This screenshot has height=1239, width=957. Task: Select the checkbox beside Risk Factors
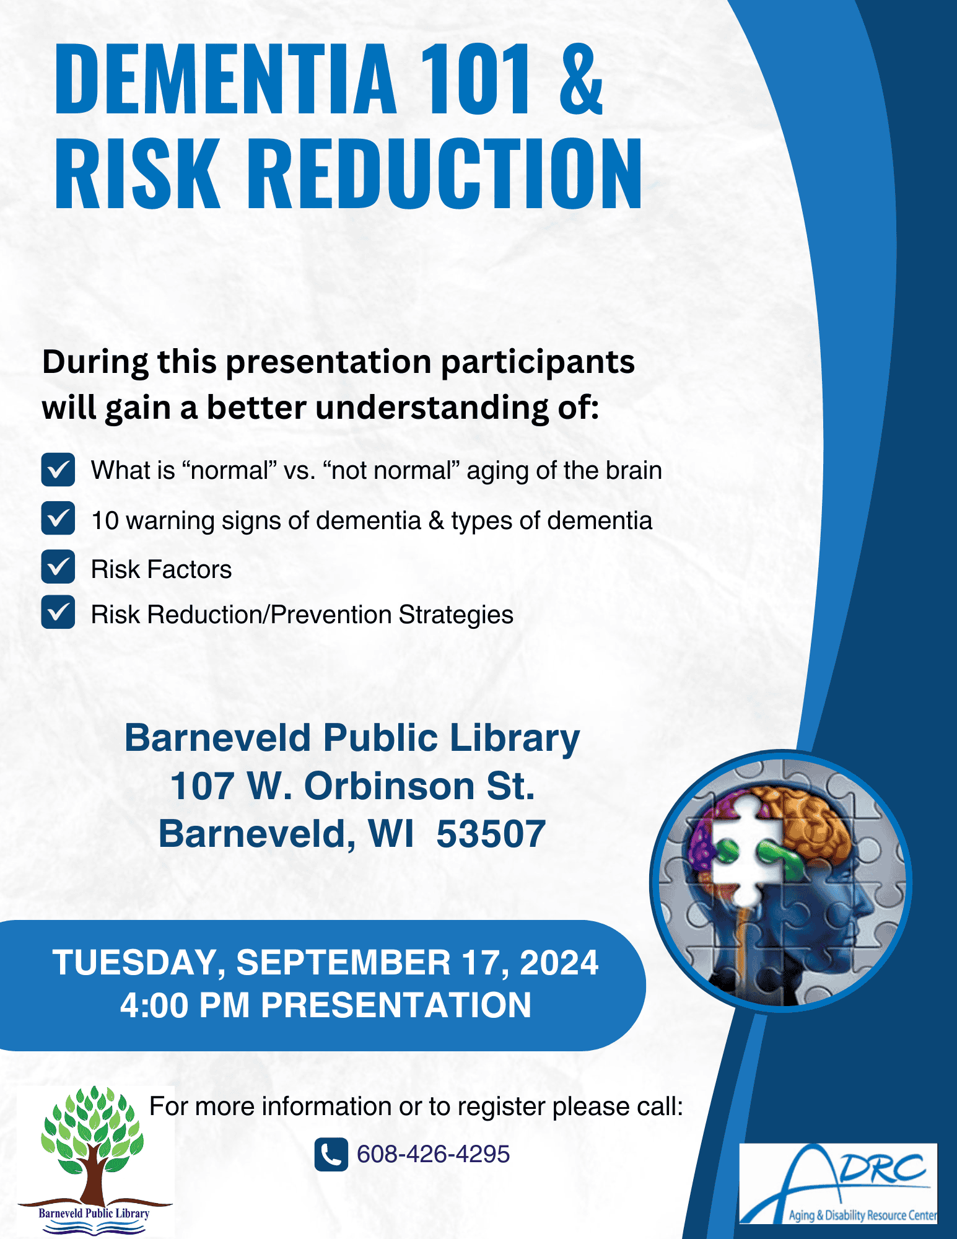tap(58, 567)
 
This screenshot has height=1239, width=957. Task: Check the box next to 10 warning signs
tap(58, 519)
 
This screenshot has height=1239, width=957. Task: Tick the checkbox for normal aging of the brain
tap(58, 470)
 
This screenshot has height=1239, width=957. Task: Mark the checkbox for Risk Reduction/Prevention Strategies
tap(58, 613)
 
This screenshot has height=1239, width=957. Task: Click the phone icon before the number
tap(331, 1155)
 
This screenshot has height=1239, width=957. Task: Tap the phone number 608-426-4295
tap(434, 1155)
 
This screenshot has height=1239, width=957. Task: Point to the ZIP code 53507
tap(491, 834)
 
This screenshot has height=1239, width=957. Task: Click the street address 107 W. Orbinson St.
tap(352, 786)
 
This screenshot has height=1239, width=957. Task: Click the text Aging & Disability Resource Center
tap(863, 1215)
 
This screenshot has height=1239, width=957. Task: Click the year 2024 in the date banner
tap(559, 963)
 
